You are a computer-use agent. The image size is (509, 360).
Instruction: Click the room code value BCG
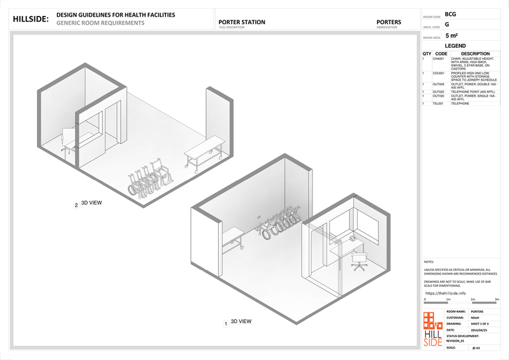[x=450, y=14]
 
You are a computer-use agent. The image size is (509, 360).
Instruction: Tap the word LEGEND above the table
[x=455, y=46]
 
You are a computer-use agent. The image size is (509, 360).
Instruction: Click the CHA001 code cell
[x=438, y=59]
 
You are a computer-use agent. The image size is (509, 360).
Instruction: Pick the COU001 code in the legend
[x=438, y=73]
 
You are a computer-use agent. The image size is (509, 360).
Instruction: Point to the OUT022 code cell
[x=438, y=92]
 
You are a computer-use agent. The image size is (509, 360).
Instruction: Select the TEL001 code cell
[x=438, y=103]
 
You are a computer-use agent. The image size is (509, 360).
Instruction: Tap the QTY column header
[x=426, y=53]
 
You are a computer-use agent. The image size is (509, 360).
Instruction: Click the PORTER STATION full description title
[x=242, y=22]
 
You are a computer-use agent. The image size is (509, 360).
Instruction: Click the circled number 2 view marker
[x=76, y=205]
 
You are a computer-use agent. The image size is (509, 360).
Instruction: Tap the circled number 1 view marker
[x=227, y=323]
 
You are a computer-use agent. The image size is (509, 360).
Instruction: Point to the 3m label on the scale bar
[x=495, y=299]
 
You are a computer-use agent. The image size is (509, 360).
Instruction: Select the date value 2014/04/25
[x=478, y=329]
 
